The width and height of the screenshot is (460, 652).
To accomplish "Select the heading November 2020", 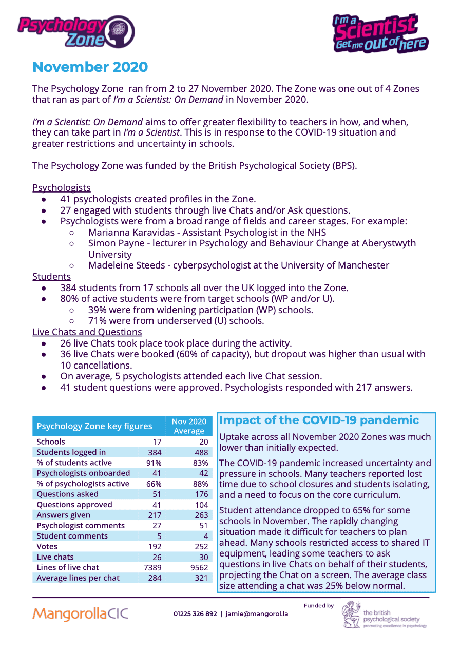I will point(90,67).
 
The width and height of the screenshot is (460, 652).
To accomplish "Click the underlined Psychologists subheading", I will point(62,188).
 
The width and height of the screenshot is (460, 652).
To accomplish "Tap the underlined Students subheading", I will point(51,277).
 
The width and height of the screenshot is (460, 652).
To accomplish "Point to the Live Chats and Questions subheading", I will point(87,332).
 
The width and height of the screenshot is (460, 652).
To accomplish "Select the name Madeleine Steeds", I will point(128,265).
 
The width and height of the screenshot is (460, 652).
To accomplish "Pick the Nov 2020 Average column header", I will point(189,426).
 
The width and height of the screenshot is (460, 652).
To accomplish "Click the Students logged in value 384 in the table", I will point(155,452).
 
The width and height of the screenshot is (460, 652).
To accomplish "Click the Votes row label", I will point(47,546).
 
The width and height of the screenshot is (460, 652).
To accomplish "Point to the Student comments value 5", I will point(159,536).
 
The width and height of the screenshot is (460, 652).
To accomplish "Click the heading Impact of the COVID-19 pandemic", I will point(319,420).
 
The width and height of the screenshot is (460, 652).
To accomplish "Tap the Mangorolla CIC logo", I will point(80,613).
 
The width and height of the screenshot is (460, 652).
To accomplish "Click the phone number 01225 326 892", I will point(195,614).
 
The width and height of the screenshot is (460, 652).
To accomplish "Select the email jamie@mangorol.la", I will point(257,614).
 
